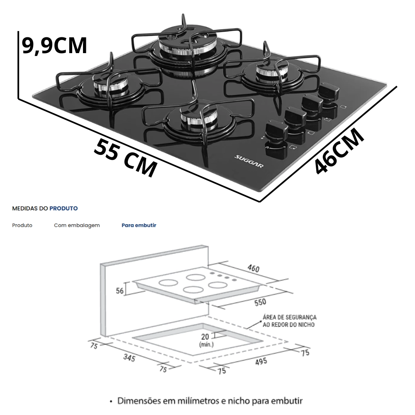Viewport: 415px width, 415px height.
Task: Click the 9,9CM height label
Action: (x=54, y=46)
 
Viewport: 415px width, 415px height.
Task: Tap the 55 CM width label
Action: (x=126, y=157)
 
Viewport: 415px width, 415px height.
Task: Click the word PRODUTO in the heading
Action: (x=63, y=208)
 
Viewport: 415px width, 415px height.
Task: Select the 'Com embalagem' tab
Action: (x=76, y=225)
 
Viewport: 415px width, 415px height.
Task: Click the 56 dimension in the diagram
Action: (x=120, y=291)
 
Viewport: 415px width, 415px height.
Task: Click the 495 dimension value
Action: (x=261, y=361)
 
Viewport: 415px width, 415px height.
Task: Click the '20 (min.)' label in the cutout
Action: (x=206, y=340)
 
